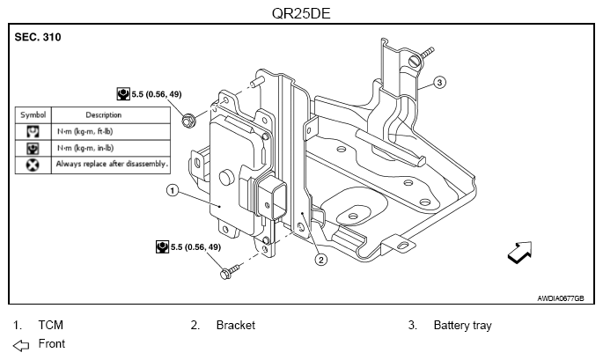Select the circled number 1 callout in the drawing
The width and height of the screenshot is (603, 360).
tap(173, 189)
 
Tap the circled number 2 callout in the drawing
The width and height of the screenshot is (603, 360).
tap(321, 259)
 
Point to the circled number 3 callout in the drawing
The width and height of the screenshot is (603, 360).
tap(440, 84)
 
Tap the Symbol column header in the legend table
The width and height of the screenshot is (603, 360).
tap(33, 114)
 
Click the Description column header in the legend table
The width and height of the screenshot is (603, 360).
tap(103, 114)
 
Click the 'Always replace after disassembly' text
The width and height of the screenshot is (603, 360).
tap(111, 164)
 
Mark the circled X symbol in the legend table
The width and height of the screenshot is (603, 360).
tap(33, 164)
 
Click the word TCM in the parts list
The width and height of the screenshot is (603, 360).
tap(51, 325)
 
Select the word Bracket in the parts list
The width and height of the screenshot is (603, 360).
tap(235, 325)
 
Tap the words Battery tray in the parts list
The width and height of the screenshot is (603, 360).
tap(462, 325)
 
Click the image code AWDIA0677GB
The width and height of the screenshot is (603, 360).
tap(560, 298)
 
